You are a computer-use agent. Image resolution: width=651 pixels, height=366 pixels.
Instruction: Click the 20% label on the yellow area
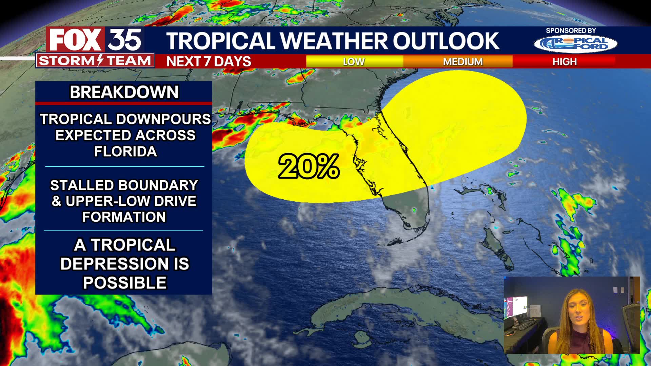309,166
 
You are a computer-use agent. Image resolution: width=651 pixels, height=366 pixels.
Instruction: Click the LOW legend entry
354,62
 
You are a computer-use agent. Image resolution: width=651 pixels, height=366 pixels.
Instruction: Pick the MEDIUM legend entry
462,62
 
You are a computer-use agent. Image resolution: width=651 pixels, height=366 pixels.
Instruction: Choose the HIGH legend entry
564,62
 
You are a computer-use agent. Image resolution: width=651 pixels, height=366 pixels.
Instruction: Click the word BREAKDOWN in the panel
124,92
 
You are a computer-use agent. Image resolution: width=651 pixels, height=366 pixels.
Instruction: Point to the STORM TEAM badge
95,61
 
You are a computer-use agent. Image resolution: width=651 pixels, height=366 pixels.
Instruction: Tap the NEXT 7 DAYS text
209,62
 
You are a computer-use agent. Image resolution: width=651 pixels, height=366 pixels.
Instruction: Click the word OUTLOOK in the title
446,41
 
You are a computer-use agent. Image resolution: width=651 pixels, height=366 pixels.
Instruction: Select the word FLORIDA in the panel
125,151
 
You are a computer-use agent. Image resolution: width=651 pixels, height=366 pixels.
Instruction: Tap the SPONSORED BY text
571,30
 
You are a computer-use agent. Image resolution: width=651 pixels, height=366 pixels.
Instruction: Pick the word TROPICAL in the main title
220,41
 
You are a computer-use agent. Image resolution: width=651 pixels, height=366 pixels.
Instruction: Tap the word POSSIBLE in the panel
125,283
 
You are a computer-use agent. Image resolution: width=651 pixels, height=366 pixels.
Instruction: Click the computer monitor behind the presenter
519,307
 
